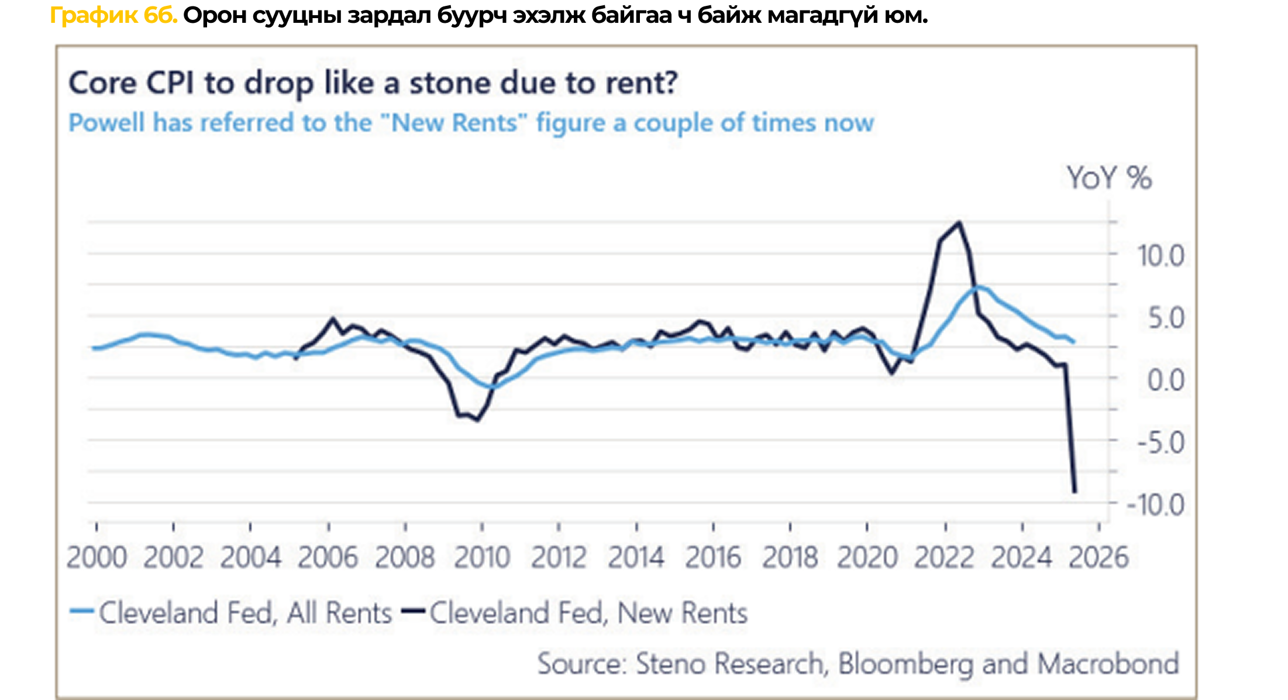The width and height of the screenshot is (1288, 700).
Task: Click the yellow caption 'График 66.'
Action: click(113, 16)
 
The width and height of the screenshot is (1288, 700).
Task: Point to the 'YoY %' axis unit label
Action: click(1109, 178)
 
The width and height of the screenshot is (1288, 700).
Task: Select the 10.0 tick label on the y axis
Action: click(1160, 256)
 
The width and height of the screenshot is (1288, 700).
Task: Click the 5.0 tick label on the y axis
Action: click(1166, 318)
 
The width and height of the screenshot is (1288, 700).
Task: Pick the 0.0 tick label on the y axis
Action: click(1166, 380)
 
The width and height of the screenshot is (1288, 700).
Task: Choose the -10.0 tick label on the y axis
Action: click(1156, 505)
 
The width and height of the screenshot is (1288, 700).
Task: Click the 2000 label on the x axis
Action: click(97, 557)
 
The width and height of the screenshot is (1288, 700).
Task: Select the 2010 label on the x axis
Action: click(482, 557)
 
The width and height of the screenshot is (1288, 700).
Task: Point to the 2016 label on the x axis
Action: click(713, 557)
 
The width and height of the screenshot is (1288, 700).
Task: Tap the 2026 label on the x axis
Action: click(1098, 557)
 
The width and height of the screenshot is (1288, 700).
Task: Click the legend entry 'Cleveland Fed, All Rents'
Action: click(245, 613)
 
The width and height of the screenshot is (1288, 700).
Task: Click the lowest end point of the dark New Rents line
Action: click(1075, 492)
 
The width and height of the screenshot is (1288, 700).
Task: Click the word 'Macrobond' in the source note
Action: click(1108, 664)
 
